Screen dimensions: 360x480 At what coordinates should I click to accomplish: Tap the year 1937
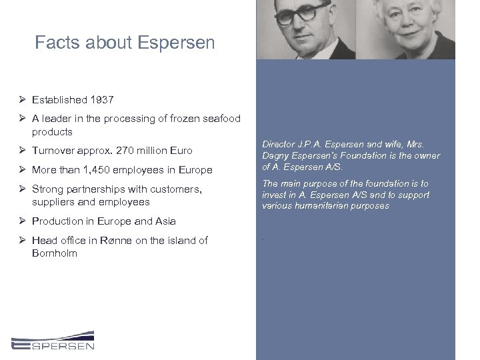(101, 100)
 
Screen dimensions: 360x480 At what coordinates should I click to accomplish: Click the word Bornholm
(55, 253)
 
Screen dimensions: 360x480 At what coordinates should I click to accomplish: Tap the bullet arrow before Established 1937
(23, 100)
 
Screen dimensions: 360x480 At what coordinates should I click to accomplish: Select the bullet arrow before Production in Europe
(23, 221)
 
